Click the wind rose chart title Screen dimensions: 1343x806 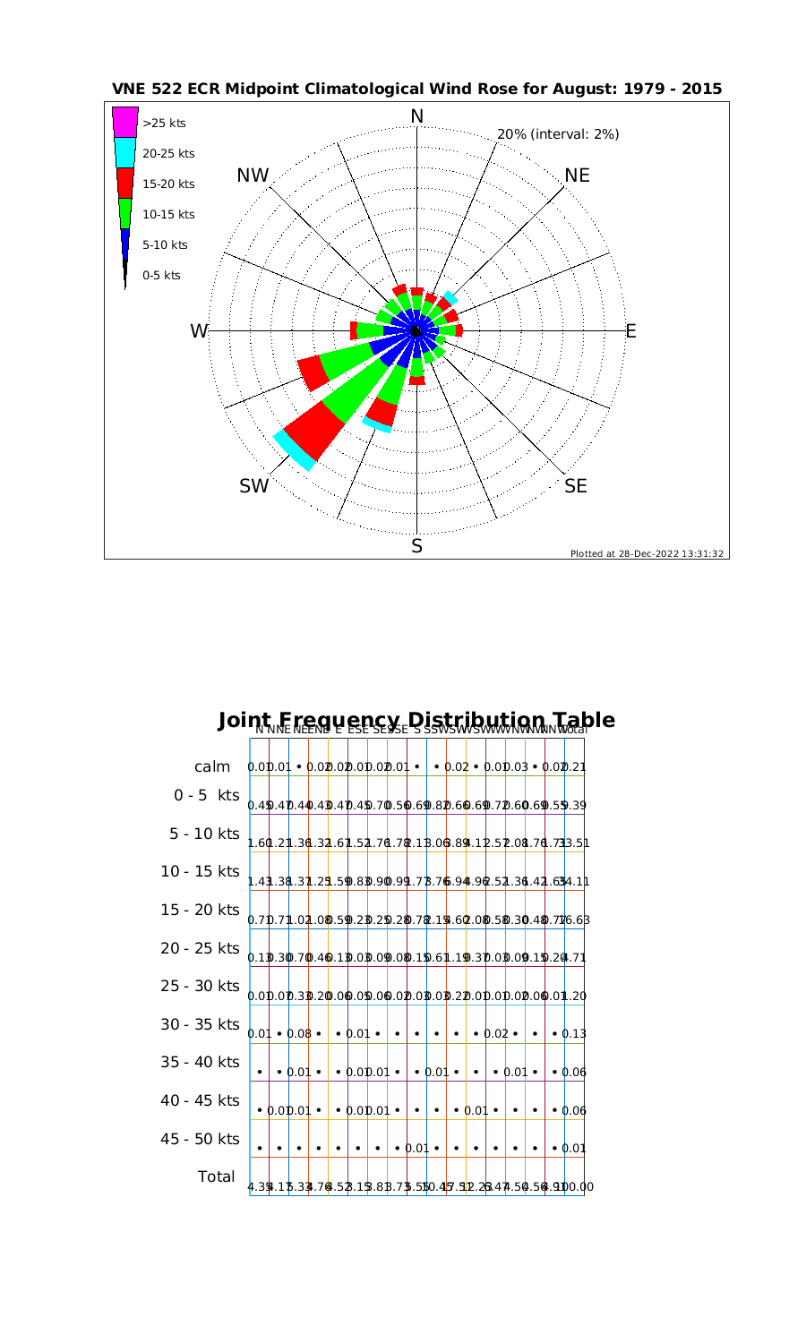[x=416, y=90]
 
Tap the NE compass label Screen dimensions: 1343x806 [x=577, y=175]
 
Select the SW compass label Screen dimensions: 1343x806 [x=253, y=486]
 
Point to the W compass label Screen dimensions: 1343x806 [x=198, y=331]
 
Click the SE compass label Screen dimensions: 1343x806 [x=576, y=486]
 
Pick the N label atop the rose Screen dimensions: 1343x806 [x=416, y=116]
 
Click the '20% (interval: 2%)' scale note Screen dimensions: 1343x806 [x=557, y=134]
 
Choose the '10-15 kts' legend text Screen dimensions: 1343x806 [x=168, y=214]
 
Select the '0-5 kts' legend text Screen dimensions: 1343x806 [x=161, y=275]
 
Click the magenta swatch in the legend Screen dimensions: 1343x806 [x=124, y=122]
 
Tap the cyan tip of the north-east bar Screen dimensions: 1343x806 [x=450, y=297]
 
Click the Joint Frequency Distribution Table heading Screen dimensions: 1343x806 [x=416, y=721]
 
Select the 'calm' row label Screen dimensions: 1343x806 [x=213, y=766]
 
